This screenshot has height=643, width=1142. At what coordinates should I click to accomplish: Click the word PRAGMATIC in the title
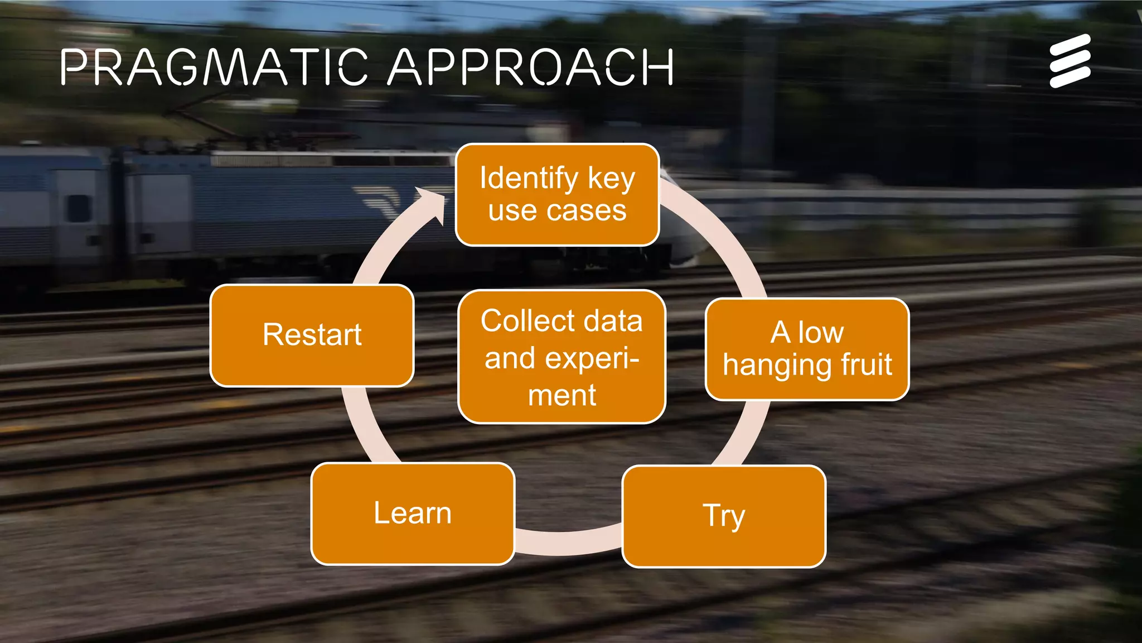point(214,67)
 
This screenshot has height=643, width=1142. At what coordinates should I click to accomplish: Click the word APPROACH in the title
point(531,67)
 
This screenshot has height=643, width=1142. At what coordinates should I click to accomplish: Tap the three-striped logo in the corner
point(1070,61)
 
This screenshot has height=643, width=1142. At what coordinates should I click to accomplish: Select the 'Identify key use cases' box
point(557,195)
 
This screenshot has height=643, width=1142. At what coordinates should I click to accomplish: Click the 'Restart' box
point(312,335)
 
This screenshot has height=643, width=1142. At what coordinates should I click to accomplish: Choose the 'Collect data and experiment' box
point(562,357)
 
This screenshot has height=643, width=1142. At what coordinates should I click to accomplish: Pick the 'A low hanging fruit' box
point(807,349)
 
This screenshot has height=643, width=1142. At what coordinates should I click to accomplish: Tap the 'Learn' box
point(413,514)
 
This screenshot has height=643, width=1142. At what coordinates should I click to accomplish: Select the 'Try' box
point(723,516)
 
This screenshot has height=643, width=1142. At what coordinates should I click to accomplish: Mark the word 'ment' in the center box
point(562,395)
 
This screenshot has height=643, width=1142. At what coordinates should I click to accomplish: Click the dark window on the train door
point(78,208)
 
